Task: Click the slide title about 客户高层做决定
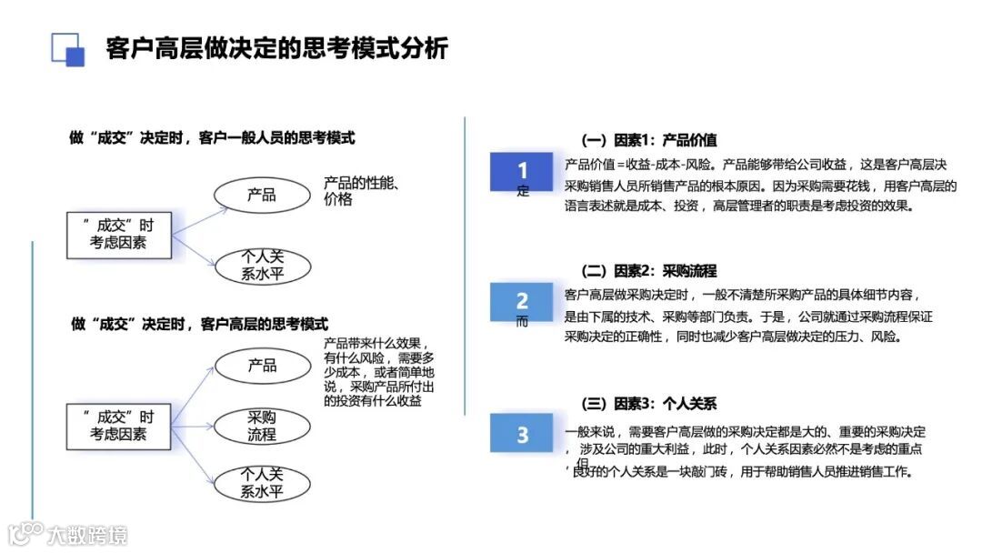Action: pyautogui.click(x=276, y=47)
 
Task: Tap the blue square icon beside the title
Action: pyautogui.click(x=67, y=49)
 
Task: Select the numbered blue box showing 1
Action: pyautogui.click(x=522, y=172)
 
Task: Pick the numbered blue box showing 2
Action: pyautogui.click(x=522, y=301)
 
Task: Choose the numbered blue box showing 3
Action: pyautogui.click(x=522, y=434)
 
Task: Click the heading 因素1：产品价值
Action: pyautogui.click(x=648, y=140)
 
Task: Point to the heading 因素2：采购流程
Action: pyautogui.click(x=648, y=271)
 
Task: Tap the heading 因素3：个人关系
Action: pyautogui.click(x=648, y=403)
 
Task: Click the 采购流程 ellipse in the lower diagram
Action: pyautogui.click(x=263, y=426)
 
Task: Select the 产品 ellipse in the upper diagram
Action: pyautogui.click(x=263, y=194)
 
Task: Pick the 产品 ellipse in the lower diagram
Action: pyautogui.click(x=263, y=366)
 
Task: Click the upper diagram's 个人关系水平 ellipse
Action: pyautogui.click(x=263, y=265)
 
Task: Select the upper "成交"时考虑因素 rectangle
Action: pyautogui.click(x=118, y=234)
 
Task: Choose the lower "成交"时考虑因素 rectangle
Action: pyautogui.click(x=118, y=426)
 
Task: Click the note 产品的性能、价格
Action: pyautogui.click(x=362, y=191)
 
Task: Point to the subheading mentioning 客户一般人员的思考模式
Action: pyautogui.click(x=212, y=138)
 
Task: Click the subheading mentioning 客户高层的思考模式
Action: pyautogui.click(x=199, y=324)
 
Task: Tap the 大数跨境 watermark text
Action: pyautogui.click(x=87, y=534)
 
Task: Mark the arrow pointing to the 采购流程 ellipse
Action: pyautogui.click(x=195, y=423)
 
